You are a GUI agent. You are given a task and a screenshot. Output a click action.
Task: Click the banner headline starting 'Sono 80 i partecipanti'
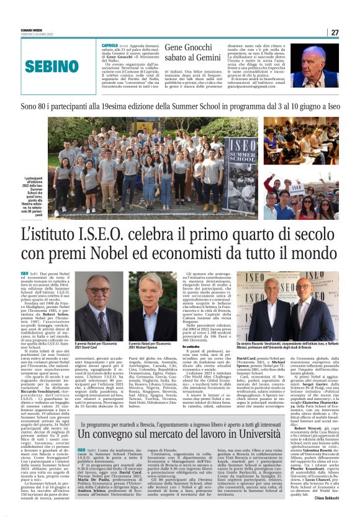180,107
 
